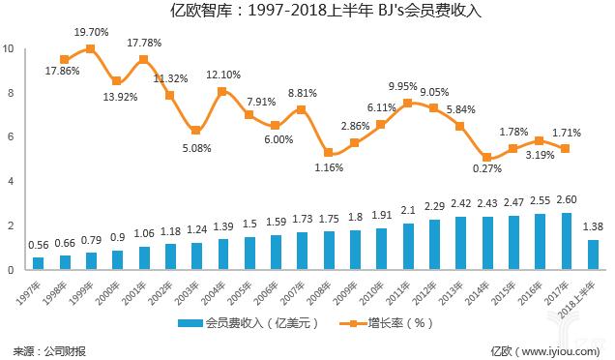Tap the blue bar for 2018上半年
[x=592, y=255]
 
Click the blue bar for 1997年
[x=39, y=263]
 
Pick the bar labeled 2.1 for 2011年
[x=409, y=247]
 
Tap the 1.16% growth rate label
[x=329, y=167]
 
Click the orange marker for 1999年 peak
[x=91, y=48]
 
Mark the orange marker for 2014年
[x=486, y=158]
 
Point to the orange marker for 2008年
[x=329, y=153]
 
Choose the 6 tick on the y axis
[x=10, y=137]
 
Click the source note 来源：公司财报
[x=48, y=348]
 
